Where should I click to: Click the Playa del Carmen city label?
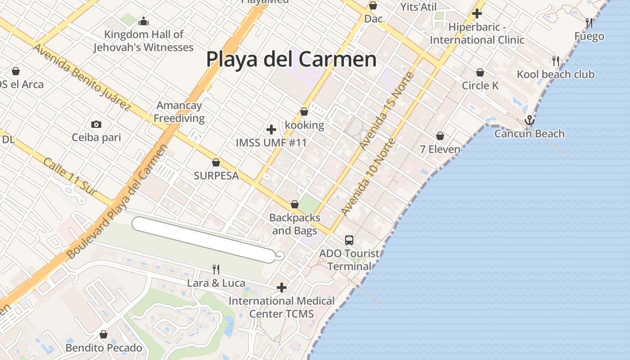pos(291,59)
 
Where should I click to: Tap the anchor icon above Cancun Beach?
pos(529,120)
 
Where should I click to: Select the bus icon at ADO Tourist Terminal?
pos(349,240)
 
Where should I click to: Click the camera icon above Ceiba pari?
pos(96,124)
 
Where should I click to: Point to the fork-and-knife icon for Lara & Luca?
pos(216,269)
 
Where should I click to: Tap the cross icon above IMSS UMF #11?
pos(271,130)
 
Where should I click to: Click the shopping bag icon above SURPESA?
pos(216,162)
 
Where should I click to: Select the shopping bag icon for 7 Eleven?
pos(440,136)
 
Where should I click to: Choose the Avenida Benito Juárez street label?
pos(81,77)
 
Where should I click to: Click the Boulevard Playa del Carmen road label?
pos(117,202)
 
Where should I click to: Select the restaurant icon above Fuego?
pos(589,22)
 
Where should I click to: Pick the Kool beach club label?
pos(556,74)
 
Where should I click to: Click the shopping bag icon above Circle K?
pos(480,72)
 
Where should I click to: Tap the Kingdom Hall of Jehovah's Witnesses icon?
pos(144,21)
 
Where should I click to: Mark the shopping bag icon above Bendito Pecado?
pos(103,334)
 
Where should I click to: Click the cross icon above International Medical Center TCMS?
pos(282,287)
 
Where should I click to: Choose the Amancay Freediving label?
pos(180,112)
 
